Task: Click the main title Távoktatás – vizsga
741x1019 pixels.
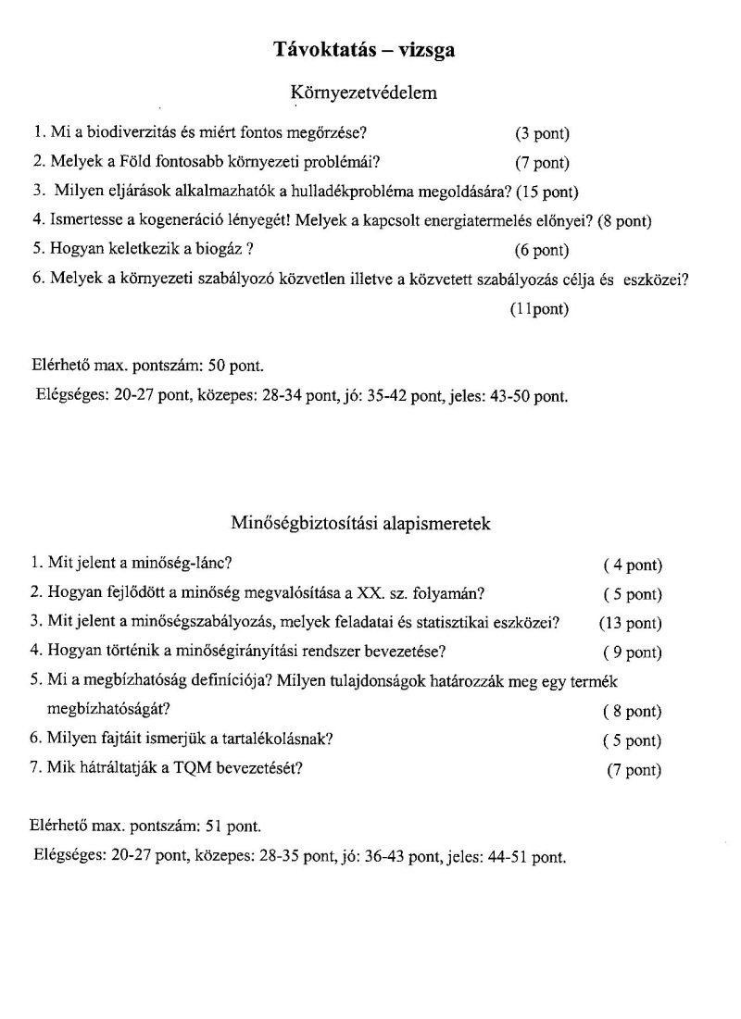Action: pos(364,50)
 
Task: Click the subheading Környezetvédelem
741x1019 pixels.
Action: pos(364,93)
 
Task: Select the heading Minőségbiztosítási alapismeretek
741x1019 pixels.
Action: pos(361,524)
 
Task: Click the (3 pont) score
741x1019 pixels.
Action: pos(542,133)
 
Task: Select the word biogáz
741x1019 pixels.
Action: pos(220,250)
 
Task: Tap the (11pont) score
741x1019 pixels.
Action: pos(538,309)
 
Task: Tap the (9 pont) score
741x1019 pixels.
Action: pos(633,652)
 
